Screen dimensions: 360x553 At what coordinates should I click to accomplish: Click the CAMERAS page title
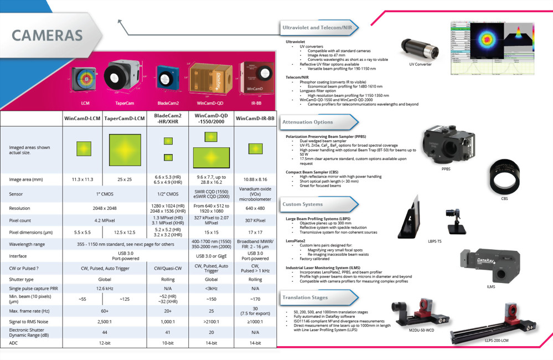(x=47, y=35)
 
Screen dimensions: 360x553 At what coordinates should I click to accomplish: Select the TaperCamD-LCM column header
(x=125, y=119)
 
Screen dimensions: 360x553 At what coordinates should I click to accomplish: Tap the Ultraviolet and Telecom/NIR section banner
(x=317, y=27)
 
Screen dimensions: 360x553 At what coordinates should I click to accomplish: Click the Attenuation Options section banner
(x=308, y=122)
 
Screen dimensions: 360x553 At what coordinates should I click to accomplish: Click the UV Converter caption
(x=420, y=64)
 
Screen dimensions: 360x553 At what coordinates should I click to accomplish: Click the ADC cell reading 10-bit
(x=167, y=343)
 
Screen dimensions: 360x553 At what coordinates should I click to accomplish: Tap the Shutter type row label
(x=22, y=280)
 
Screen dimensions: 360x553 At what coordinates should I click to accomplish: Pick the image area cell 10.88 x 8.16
(x=255, y=179)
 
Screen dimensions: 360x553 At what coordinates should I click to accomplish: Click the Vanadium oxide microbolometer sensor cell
(x=255, y=194)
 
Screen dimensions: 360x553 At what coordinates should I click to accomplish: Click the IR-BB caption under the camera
(x=255, y=103)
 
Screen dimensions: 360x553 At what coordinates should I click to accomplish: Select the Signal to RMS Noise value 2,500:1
(x=104, y=321)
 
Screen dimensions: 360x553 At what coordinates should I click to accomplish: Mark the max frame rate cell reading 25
(x=211, y=311)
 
